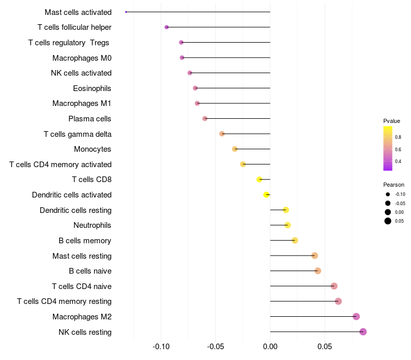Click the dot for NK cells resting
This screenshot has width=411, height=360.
coord(363,332)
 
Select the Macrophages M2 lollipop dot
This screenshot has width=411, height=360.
coord(357,317)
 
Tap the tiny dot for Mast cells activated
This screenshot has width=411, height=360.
coord(126,12)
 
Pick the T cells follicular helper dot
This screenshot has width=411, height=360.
coord(166,27)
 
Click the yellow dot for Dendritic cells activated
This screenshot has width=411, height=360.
coord(266,195)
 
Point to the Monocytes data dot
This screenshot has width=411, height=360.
coord(235,149)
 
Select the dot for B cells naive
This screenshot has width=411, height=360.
coord(318,271)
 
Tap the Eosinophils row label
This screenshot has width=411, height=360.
coord(92,88)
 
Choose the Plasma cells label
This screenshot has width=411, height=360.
coord(90,119)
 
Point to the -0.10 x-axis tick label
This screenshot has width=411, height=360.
coord(161,347)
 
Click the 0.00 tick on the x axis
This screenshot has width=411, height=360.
coord(270,347)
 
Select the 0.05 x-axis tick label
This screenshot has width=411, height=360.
coord(325,347)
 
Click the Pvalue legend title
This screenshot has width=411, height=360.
coord(391,121)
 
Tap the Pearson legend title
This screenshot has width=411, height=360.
coord(394,185)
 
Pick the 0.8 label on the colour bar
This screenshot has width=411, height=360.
coord(398,137)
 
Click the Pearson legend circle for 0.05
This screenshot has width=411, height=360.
coord(387,221)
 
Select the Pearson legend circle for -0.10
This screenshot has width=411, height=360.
coord(387,194)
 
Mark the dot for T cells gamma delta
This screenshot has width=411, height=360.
coord(222,134)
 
